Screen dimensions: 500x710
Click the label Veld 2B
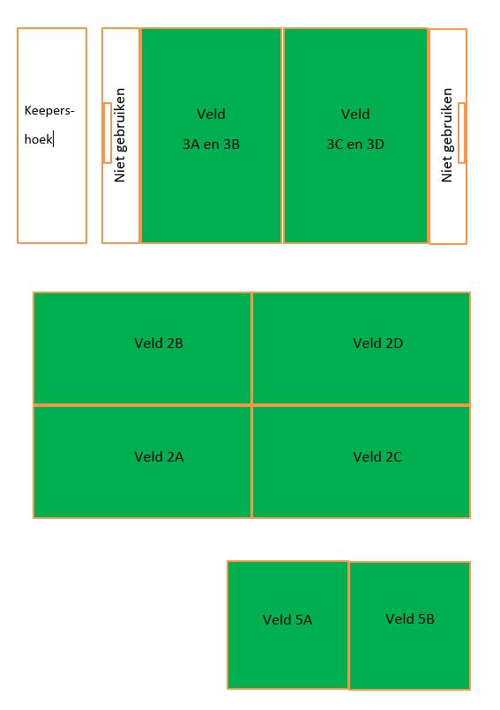point(159,344)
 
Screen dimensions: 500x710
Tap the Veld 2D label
point(377,344)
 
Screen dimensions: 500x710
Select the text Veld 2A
point(159,457)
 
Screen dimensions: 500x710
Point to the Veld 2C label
point(377,457)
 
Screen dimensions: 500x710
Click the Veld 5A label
point(287,619)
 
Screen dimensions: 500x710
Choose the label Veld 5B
point(410,619)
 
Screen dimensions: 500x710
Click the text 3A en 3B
point(211,144)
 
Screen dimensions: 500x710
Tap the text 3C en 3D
point(355,144)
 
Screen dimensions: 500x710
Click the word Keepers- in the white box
point(49,111)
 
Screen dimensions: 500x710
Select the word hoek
point(38,139)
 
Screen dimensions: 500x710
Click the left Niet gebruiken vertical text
point(120,135)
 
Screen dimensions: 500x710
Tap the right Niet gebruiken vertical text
point(447,135)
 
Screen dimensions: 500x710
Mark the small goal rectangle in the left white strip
point(108,133)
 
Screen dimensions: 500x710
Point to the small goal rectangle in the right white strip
point(461,133)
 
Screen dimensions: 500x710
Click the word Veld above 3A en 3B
point(211,115)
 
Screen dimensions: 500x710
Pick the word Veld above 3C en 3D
point(355,115)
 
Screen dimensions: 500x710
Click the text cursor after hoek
point(54,139)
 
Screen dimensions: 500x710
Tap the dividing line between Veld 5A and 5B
point(348,625)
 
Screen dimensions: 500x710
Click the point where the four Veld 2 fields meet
point(252,405)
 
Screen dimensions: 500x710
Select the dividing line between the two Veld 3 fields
point(283,136)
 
